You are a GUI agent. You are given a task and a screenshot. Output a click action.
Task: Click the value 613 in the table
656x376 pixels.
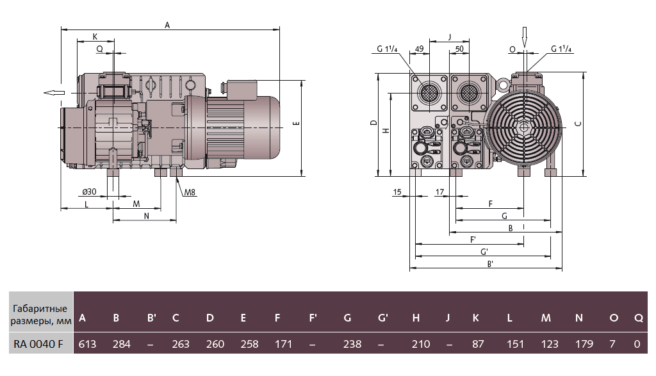(x=87, y=344)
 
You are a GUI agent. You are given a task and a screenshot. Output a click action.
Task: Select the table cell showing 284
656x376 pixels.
(x=121, y=344)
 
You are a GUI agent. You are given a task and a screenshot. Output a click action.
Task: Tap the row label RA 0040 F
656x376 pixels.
(x=38, y=344)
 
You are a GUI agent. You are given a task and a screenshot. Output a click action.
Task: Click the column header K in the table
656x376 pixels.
(x=475, y=318)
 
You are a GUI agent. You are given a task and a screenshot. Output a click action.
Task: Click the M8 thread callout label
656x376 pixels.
(x=190, y=192)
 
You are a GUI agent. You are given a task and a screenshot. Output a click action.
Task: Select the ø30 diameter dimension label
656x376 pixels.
(x=89, y=192)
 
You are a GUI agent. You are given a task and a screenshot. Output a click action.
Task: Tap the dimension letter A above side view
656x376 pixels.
(x=167, y=25)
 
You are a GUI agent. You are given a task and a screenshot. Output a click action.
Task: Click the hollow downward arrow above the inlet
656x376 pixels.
(x=524, y=37)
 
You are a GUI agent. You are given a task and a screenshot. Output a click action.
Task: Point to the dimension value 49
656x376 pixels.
(x=420, y=49)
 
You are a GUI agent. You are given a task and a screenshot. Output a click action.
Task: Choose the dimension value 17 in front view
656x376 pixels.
(x=439, y=192)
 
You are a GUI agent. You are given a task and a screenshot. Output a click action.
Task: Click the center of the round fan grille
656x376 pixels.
(x=523, y=127)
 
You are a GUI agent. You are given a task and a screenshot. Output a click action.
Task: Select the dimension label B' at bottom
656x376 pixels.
(x=490, y=264)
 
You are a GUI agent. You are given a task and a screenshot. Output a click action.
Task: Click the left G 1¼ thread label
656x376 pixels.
(x=388, y=49)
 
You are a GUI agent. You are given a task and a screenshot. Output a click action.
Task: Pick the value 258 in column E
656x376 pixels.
(x=249, y=344)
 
